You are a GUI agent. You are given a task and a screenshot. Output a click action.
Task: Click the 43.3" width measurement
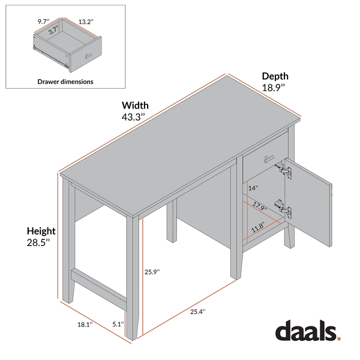tap(134, 117)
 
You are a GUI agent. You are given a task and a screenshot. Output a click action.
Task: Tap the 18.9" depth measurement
tap(274, 87)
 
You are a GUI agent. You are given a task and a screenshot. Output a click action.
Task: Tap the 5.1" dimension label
tap(118, 325)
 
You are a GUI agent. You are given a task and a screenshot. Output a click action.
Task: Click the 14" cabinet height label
tap(253, 188)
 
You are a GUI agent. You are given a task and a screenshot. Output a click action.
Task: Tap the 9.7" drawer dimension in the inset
tap(42, 21)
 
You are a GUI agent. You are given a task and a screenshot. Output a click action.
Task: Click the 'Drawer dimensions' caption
tap(65, 81)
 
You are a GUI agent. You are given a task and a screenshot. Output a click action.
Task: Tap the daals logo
tap(307, 331)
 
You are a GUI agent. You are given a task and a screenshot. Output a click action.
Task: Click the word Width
tap(136, 106)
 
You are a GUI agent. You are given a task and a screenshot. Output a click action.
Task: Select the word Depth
tap(275, 76)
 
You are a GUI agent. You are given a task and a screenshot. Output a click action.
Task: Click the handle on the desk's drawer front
tap(267, 160)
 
